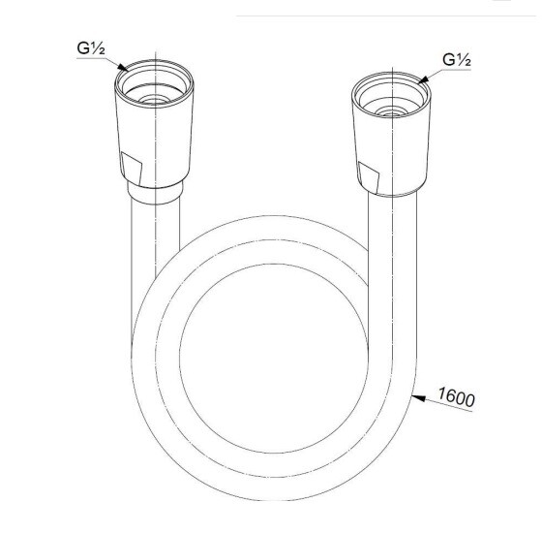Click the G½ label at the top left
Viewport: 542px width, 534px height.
coord(91,48)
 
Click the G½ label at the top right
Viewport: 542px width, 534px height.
coord(457,59)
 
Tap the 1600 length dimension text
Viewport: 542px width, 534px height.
coord(456,397)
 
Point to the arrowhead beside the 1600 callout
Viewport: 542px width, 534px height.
coord(418,398)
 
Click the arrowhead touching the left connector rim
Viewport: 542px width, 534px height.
coord(122,67)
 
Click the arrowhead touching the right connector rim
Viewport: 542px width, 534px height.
coord(423,79)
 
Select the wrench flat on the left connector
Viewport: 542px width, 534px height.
coord(132,169)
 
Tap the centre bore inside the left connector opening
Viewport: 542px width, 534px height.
coord(154,101)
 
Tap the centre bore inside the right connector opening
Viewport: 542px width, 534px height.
coord(391,112)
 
